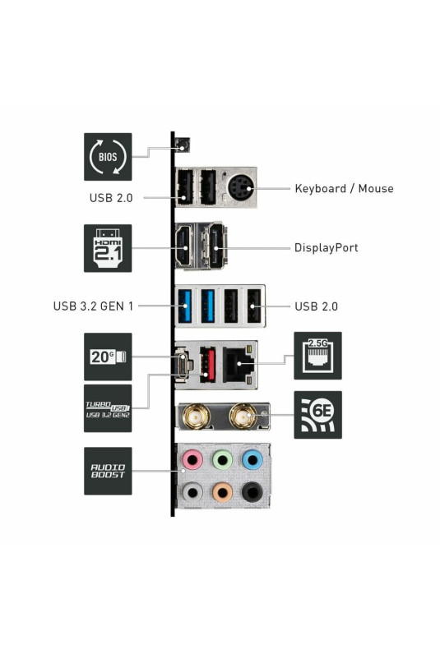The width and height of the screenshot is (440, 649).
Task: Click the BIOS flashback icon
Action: [x=108, y=156]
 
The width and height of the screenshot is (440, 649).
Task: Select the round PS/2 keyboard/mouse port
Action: [x=240, y=189]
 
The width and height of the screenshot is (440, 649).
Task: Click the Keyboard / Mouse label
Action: [x=344, y=189]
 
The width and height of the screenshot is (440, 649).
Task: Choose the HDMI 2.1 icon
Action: [x=108, y=248]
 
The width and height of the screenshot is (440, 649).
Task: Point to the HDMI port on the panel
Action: [x=184, y=246]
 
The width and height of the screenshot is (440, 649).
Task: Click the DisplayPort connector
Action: [x=216, y=246]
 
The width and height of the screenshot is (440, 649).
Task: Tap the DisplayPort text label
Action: [x=326, y=247]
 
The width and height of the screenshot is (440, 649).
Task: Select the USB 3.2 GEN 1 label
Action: [x=93, y=306]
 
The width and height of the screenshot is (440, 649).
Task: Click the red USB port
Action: [x=207, y=364]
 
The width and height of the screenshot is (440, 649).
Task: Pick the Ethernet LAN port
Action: [x=239, y=365]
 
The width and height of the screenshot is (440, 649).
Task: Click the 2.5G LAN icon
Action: [x=317, y=356]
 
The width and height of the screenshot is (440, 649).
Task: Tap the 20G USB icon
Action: [x=108, y=357]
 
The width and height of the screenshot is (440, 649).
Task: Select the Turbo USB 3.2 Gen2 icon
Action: [x=108, y=408]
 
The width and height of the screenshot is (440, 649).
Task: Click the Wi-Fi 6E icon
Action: [x=317, y=415]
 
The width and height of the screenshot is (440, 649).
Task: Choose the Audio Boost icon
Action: [x=108, y=471]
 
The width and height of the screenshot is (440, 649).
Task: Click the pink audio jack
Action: [x=192, y=460]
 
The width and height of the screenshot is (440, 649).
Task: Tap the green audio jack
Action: [x=223, y=460]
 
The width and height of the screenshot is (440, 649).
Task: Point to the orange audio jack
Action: [x=223, y=492]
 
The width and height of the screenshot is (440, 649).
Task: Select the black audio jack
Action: [x=252, y=492]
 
